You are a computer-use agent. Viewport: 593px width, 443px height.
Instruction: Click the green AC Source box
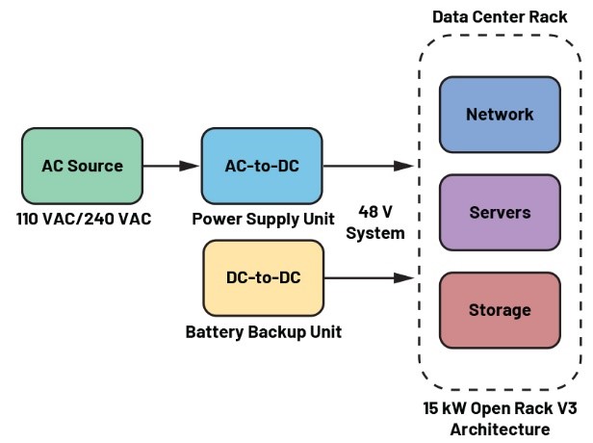82,166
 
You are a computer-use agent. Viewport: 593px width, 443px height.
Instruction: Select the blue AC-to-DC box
262,166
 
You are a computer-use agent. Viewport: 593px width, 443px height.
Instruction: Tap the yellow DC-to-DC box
263,277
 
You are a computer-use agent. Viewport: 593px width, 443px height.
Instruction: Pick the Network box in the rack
499,115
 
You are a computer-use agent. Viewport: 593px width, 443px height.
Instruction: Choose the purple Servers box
499,212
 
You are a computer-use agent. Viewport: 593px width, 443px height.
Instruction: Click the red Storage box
499,310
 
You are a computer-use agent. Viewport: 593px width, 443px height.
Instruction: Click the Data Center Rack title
500,17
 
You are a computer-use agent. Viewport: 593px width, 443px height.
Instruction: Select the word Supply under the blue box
269,220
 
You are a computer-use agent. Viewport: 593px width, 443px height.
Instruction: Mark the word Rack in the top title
548,17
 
